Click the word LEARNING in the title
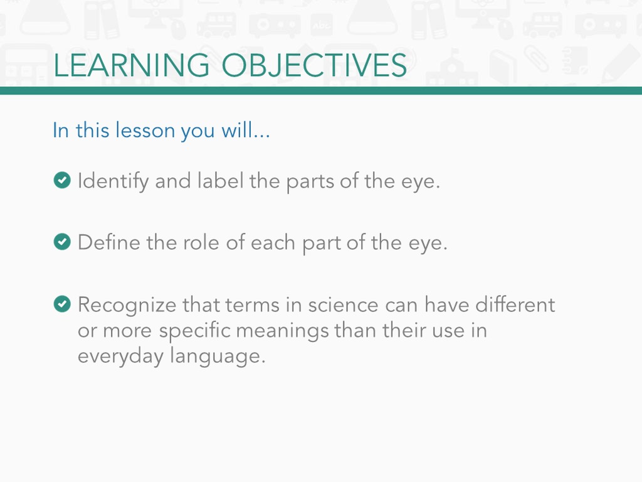click(132, 65)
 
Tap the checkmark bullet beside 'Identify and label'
click(62, 180)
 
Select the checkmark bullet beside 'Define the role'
click(62, 242)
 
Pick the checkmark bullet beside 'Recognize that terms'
click(62, 304)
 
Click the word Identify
click(113, 181)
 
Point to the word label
click(220, 181)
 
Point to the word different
click(515, 304)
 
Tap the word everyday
click(121, 356)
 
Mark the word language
click(218, 356)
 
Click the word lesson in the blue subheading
click(145, 131)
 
